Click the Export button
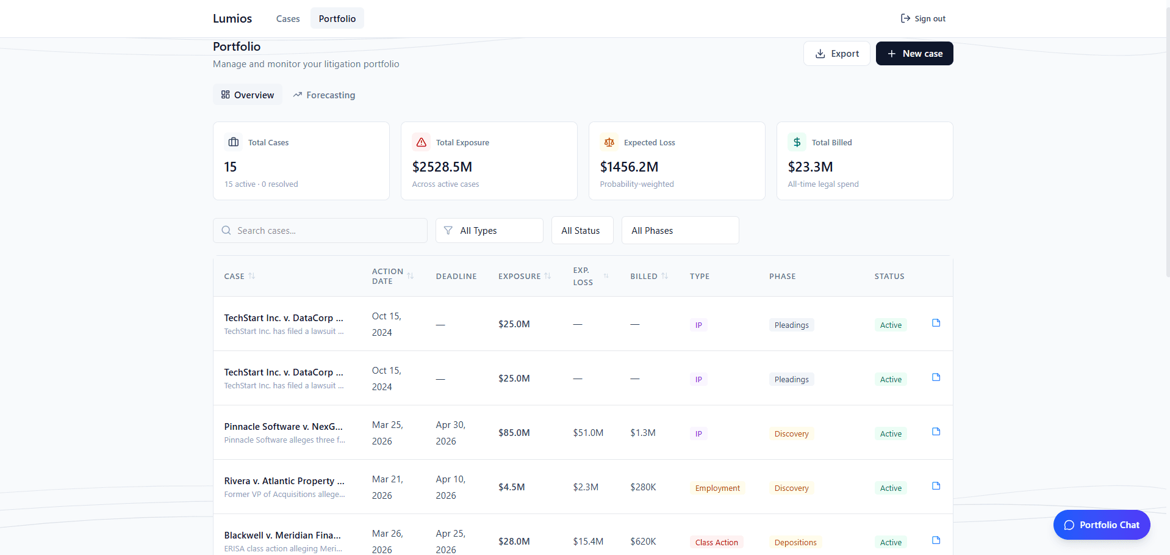[x=836, y=54]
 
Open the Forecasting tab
[x=324, y=95]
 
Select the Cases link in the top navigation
[x=287, y=19]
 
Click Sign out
[x=923, y=19]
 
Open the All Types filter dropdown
[x=489, y=231]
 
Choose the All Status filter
[x=582, y=231]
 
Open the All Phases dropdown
[x=680, y=231]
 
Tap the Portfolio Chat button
[x=1101, y=525]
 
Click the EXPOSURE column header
[x=520, y=277]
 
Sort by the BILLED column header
[x=644, y=277]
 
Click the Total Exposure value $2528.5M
[x=442, y=167]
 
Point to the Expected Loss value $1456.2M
[x=629, y=167]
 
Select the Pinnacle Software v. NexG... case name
[x=283, y=427]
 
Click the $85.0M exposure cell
[x=514, y=433]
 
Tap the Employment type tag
[x=717, y=488]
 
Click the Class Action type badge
[x=717, y=542]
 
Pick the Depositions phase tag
[x=795, y=542]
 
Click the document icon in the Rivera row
[x=936, y=486]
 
